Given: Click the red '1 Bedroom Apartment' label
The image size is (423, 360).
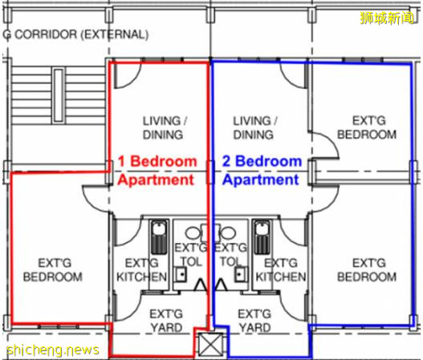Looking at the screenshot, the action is [157, 170].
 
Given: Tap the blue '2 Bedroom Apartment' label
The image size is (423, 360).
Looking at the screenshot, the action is [262, 170].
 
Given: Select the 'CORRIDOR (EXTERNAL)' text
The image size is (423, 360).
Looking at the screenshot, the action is [82, 34].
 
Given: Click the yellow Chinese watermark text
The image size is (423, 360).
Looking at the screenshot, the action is [387, 18].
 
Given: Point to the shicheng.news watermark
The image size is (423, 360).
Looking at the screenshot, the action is [53, 350].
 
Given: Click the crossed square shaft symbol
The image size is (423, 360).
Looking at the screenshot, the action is [210, 345].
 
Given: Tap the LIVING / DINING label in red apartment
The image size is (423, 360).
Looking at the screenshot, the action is [164, 127].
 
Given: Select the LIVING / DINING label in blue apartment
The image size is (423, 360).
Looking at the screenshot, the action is [254, 127].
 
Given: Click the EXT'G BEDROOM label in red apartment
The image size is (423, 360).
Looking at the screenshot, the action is [53, 269].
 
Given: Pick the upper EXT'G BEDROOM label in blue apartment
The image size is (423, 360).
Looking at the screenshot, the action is [367, 127].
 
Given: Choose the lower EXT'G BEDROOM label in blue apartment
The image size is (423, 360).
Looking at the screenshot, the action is [367, 269].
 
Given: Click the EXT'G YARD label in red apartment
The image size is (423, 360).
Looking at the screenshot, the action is [166, 321].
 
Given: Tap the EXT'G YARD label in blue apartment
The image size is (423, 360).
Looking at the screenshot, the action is [254, 321].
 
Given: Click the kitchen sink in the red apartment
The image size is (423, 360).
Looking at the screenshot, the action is [159, 237].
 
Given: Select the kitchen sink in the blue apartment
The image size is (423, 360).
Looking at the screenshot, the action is [262, 237].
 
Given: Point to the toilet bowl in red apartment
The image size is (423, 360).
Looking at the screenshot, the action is [193, 233].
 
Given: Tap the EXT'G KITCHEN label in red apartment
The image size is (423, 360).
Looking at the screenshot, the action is [141, 269].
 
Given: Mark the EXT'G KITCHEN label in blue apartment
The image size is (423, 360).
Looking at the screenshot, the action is [281, 269].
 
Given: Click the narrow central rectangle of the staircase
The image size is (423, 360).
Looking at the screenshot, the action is [59, 95].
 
